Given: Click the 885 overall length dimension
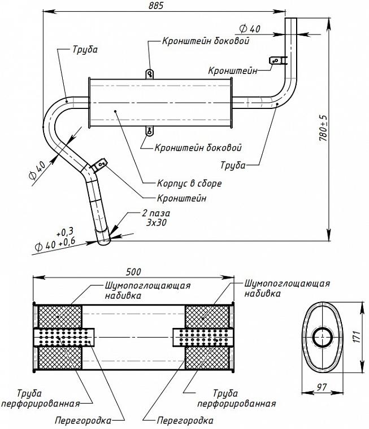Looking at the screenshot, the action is pyautogui.click(x=157, y=6).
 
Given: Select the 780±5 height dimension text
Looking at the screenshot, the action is pyautogui.click(x=323, y=128).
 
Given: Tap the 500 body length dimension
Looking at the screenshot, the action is pyautogui.click(x=133, y=272).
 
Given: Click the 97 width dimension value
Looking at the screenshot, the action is pyautogui.click(x=322, y=387).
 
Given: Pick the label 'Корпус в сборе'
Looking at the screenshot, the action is pyautogui.click(x=189, y=183).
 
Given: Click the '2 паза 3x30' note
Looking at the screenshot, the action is pyautogui.click(x=156, y=217).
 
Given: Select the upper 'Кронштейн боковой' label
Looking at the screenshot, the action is pyautogui.click(x=206, y=41).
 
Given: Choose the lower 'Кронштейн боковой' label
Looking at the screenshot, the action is pyautogui.click(x=198, y=148).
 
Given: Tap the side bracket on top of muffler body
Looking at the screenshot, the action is pyautogui.click(x=149, y=74).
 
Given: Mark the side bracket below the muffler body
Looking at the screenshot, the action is pyautogui.click(x=149, y=131).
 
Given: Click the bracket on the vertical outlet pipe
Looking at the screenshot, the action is pyautogui.click(x=278, y=60).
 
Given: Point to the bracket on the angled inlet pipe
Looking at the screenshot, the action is pyautogui.click(x=99, y=165).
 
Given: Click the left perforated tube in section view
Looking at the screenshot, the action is pyautogui.click(x=64, y=338).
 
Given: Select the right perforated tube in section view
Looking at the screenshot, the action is pyautogui.click(x=203, y=337).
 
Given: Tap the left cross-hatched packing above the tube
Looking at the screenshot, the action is pyautogui.click(x=60, y=317).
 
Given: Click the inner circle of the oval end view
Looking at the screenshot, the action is pyautogui.click(x=323, y=337).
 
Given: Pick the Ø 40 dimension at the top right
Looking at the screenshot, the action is pyautogui.click(x=250, y=28).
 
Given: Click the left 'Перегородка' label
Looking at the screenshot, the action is pyautogui.click(x=83, y=420).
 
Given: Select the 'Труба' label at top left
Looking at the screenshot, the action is pyautogui.click(x=85, y=50).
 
